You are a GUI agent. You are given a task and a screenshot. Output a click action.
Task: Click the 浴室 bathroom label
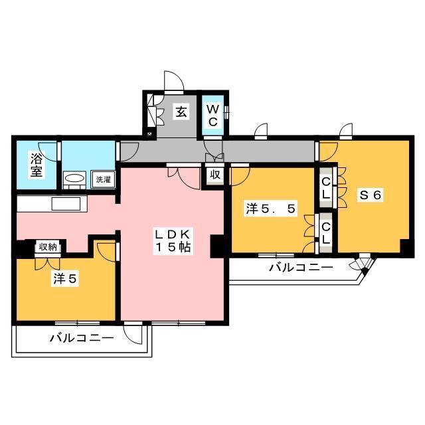[x=35, y=163]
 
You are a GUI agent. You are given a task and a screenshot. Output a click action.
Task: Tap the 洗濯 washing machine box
[x=102, y=179]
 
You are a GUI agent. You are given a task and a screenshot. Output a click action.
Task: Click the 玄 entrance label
[x=181, y=112]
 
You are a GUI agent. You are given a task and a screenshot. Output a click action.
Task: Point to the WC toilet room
[x=214, y=115]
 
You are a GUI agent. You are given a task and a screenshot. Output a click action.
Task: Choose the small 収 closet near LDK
[x=214, y=175]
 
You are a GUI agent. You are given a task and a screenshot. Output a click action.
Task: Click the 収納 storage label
[x=47, y=247]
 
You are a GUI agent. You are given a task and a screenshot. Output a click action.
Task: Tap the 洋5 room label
[x=66, y=280]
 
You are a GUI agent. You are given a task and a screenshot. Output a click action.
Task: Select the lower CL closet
[x=326, y=232]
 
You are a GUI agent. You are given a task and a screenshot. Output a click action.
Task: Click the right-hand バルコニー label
[x=300, y=268]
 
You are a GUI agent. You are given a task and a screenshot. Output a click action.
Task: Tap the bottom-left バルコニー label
[x=82, y=338]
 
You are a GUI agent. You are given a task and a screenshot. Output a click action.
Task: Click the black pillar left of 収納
[x=23, y=248]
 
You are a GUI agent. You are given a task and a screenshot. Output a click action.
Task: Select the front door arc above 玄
[x=175, y=81]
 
